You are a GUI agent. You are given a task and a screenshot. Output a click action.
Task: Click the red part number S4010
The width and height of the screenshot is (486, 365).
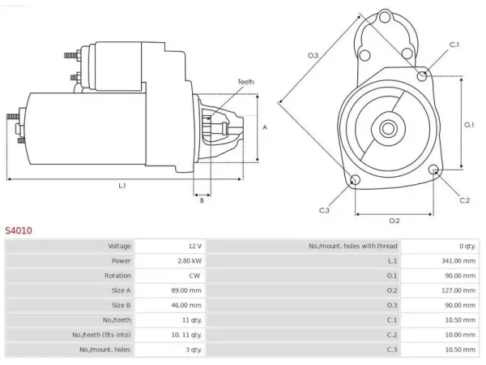(19, 230)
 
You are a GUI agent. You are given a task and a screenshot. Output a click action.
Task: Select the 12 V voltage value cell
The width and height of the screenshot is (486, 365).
(195, 246)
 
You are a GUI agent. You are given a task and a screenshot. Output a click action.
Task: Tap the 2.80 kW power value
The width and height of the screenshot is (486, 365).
(190, 260)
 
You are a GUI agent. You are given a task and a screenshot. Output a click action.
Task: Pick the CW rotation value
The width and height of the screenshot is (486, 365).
(194, 276)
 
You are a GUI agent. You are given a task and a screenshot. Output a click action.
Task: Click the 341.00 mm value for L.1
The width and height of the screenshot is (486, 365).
(458, 260)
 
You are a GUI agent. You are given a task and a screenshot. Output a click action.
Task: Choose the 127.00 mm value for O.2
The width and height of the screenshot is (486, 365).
(458, 290)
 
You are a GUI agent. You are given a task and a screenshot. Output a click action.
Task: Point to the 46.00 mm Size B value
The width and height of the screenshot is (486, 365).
(186, 306)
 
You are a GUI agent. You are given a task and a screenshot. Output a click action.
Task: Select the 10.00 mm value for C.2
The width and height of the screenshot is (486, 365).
(460, 335)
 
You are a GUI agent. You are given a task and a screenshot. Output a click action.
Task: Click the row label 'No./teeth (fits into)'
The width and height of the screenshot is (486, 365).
(101, 335)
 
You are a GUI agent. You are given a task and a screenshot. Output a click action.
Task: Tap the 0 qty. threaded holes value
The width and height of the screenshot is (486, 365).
(467, 246)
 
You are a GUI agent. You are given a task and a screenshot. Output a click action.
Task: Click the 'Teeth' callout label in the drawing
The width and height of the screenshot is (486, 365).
(245, 82)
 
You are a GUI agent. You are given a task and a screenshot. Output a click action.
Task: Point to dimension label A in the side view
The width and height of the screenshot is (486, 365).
(265, 127)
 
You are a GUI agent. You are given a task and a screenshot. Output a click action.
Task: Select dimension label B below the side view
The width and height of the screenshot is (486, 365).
(202, 201)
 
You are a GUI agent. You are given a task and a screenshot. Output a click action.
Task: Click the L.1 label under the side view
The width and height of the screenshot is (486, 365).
(122, 186)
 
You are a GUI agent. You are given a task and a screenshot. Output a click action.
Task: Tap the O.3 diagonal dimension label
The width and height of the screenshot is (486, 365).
(313, 55)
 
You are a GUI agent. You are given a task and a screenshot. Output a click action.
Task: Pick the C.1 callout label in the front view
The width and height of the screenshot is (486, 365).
(454, 45)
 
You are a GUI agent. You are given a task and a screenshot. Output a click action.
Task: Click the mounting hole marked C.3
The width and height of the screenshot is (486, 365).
(355, 180)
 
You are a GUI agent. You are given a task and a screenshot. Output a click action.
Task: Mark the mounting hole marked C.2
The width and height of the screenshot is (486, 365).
(433, 170)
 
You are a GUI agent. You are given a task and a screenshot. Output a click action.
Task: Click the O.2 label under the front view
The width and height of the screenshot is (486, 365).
(394, 221)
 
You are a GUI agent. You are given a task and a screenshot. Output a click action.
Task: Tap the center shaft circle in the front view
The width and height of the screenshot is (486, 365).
(388, 128)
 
